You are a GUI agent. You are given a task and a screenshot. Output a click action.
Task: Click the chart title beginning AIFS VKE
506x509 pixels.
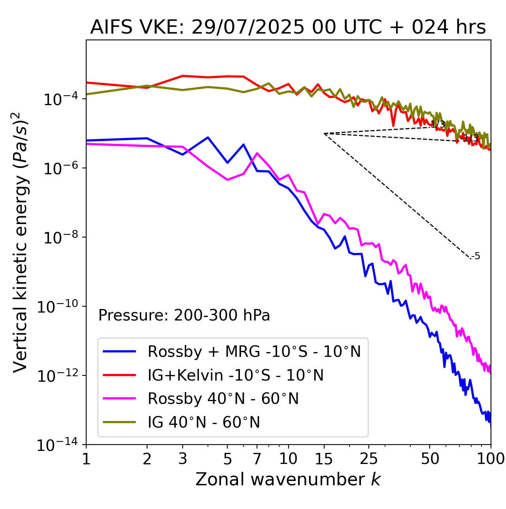click(288, 28)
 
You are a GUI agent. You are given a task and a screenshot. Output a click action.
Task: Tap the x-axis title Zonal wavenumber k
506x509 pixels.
click(288, 479)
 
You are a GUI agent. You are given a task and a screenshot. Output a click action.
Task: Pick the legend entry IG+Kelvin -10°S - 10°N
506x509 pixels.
click(236, 375)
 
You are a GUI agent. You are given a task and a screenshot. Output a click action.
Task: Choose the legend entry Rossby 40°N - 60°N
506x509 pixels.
click(223, 399)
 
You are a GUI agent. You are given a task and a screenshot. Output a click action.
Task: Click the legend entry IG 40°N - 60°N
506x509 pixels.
click(204, 422)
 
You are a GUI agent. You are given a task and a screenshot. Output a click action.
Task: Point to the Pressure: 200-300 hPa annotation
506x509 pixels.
click(184, 315)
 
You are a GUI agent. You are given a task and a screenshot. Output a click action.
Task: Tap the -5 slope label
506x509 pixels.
click(476, 256)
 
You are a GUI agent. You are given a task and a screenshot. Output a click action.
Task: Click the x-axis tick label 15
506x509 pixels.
click(324, 459)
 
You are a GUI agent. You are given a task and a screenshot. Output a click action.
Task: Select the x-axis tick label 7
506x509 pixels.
click(257, 459)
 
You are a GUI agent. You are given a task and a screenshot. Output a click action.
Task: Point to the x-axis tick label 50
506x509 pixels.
click(430, 459)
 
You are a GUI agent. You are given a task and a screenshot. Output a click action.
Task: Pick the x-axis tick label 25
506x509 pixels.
click(369, 459)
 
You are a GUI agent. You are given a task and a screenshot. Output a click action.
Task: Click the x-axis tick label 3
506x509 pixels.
click(183, 459)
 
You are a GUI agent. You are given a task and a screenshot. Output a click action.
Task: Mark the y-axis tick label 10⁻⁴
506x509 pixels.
click(59, 99)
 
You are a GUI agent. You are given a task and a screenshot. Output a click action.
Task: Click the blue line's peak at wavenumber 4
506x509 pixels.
click(208, 137)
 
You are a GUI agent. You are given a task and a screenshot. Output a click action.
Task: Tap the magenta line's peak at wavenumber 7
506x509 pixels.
click(257, 153)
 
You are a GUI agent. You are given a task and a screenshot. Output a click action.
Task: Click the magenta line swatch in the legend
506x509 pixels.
click(119, 399)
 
